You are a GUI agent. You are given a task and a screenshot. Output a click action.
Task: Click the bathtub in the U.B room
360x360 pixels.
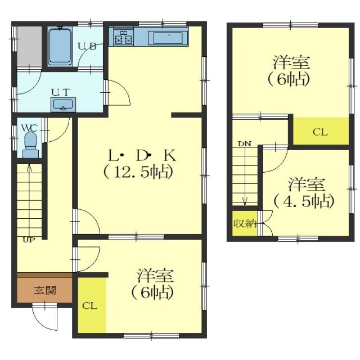(x=60, y=47)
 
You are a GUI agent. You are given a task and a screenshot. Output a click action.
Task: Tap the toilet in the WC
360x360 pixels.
(x=30, y=145)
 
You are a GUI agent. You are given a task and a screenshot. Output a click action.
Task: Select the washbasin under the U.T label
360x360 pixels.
(x=63, y=105)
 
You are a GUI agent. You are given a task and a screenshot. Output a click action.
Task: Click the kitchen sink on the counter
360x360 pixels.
(x=168, y=38)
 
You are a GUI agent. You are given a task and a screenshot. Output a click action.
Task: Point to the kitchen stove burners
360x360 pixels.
(x=124, y=37)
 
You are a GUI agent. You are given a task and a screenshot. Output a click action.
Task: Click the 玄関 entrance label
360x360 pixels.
(x=45, y=291)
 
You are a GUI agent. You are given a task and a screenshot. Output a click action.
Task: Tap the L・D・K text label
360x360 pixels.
(x=142, y=155)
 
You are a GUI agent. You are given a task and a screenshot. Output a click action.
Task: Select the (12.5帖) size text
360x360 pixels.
(x=138, y=172)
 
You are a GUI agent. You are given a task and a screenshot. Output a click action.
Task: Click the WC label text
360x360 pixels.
(x=29, y=128)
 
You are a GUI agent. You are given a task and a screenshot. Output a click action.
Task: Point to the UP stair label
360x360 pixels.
(x=29, y=240)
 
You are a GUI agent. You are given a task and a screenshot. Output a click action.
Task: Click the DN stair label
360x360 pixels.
(x=245, y=144)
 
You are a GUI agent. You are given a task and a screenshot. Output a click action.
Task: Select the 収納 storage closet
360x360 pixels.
(x=245, y=223)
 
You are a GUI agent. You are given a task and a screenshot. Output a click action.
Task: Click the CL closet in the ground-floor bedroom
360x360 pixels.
(x=92, y=305)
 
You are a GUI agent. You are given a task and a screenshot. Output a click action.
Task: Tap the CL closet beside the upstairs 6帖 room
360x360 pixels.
(x=321, y=131)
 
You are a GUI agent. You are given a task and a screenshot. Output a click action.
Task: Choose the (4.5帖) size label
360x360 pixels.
(x=304, y=201)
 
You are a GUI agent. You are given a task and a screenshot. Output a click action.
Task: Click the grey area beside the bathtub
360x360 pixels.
(x=29, y=47)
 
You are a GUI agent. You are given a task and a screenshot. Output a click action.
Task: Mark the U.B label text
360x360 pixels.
(x=87, y=46)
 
